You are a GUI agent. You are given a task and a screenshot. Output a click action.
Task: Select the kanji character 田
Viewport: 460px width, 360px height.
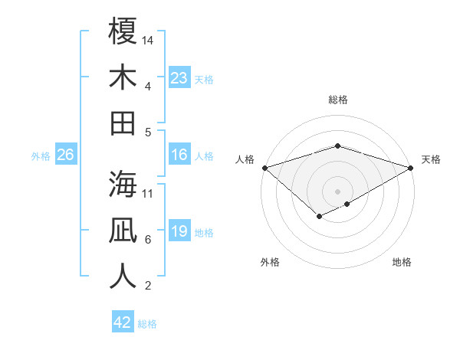pyautogui.click(x=123, y=122)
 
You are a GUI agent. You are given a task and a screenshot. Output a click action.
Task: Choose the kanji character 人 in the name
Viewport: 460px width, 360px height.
pyautogui.click(x=123, y=275)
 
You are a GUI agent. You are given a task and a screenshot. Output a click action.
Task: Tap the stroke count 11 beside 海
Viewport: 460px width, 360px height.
pyautogui.click(x=149, y=193)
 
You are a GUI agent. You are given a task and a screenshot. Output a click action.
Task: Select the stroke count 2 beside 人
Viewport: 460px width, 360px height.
pyautogui.click(x=147, y=286)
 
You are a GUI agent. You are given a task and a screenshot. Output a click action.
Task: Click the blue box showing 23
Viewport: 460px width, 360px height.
pyautogui.click(x=179, y=78)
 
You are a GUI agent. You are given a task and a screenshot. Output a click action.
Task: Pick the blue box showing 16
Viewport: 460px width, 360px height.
pyautogui.click(x=179, y=155)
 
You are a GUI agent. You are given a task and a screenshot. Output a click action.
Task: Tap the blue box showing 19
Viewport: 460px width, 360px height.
pyautogui.click(x=179, y=232)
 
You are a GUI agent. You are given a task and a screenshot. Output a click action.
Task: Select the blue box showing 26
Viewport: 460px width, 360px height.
pyautogui.click(x=65, y=155)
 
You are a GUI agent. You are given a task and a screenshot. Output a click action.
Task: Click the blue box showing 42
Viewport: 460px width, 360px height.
pyautogui.click(x=123, y=322)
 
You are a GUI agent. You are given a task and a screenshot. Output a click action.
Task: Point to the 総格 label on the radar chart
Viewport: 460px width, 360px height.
pyautogui.click(x=337, y=100)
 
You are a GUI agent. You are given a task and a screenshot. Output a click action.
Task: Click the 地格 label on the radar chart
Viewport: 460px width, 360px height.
pyautogui.click(x=402, y=262)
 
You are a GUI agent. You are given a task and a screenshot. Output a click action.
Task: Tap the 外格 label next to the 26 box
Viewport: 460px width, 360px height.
pyautogui.click(x=41, y=156)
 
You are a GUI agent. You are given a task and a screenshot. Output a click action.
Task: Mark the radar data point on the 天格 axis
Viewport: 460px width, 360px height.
pyautogui.click(x=411, y=168)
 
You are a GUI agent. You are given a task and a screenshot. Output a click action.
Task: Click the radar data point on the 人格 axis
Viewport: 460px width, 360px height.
pyautogui.click(x=264, y=168)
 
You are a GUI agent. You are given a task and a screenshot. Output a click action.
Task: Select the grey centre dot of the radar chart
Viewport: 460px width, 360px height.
pyautogui.click(x=337, y=191)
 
